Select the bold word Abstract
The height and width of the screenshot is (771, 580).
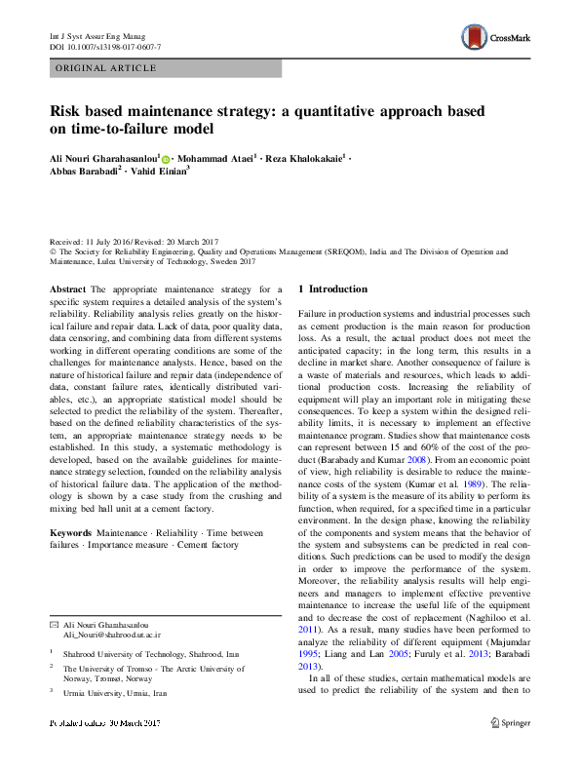(x=67, y=289)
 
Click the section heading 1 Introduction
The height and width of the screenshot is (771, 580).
(x=333, y=289)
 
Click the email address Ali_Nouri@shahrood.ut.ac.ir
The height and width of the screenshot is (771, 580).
(x=111, y=633)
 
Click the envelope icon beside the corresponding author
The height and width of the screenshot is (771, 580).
(x=54, y=622)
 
